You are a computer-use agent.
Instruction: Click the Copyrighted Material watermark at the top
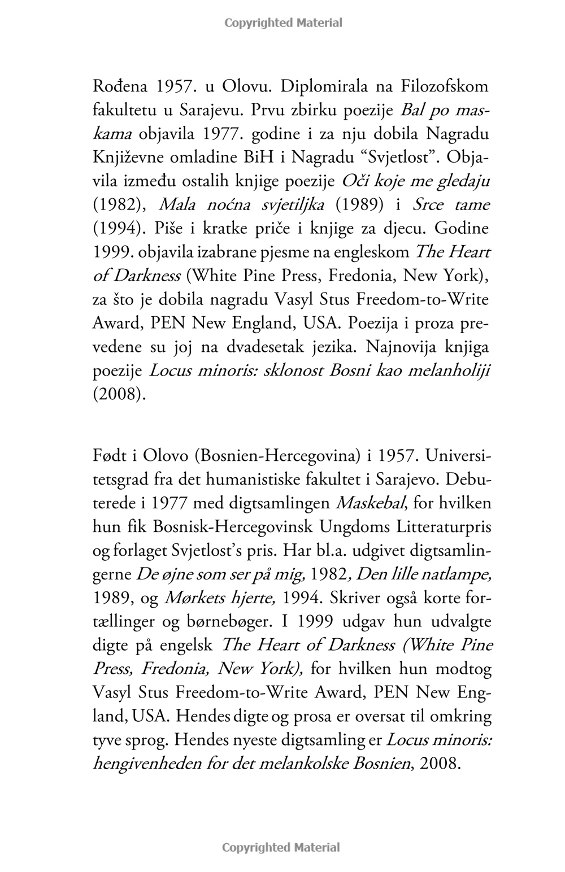tap(283, 23)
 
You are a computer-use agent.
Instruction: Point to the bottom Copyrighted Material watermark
tap(281, 847)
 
